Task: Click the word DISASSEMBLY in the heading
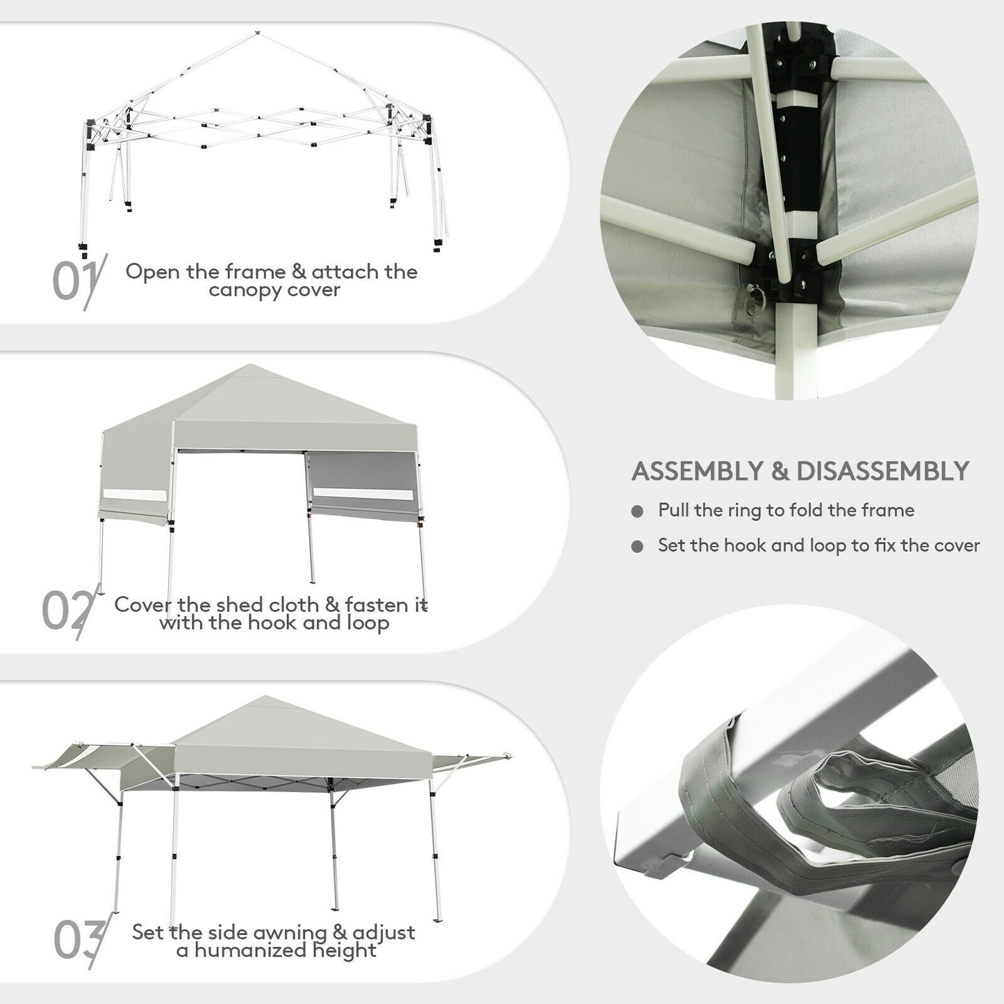(882, 471)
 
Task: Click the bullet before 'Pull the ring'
(637, 512)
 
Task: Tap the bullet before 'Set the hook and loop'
(637, 547)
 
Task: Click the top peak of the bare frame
(257, 32)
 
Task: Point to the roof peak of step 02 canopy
(248, 365)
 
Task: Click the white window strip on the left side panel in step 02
(134, 496)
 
